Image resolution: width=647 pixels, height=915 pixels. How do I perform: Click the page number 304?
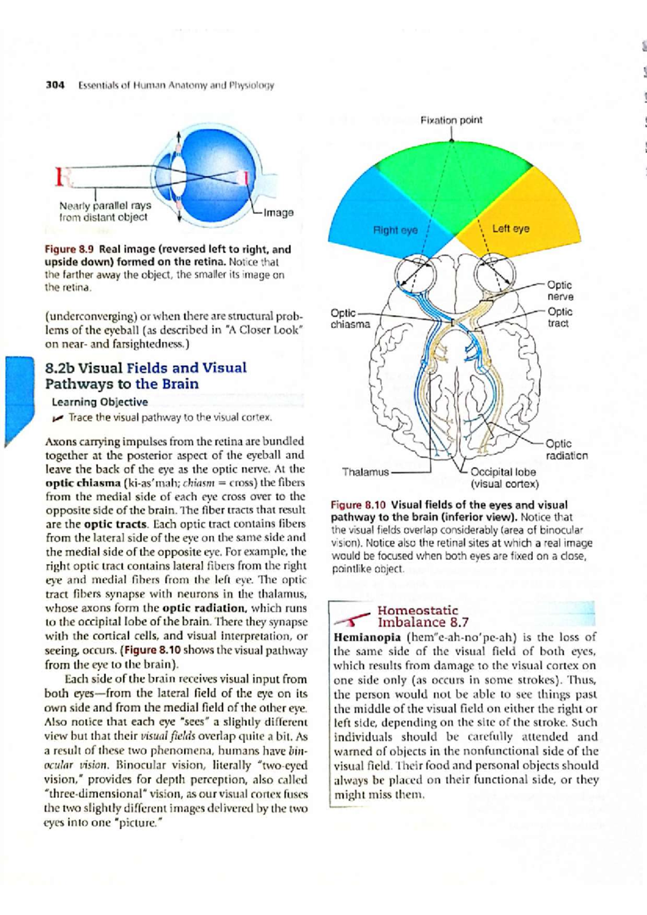pyautogui.click(x=55, y=85)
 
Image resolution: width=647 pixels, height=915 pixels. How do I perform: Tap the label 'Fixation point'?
pyautogui.click(x=451, y=120)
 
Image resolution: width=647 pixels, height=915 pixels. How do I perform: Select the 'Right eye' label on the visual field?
pyautogui.click(x=395, y=230)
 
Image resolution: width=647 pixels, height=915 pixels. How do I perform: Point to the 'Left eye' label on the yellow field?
pyautogui.click(x=510, y=228)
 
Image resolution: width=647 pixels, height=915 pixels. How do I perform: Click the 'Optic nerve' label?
pyautogui.click(x=560, y=290)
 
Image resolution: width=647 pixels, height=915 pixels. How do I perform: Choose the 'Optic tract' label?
pyautogui.click(x=560, y=317)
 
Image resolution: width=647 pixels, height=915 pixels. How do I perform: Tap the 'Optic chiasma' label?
pyautogui.click(x=350, y=318)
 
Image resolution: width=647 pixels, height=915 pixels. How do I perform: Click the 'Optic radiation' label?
pyautogui.click(x=566, y=449)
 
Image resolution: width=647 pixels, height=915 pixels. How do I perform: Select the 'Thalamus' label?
pyautogui.click(x=365, y=472)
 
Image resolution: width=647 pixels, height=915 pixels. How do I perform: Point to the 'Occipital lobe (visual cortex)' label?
pyautogui.click(x=504, y=478)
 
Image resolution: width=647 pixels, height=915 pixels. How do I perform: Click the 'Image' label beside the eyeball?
pyautogui.click(x=278, y=212)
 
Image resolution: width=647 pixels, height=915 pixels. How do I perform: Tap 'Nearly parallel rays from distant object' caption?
pyautogui.click(x=105, y=211)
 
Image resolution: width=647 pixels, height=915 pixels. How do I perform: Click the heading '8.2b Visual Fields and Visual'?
pyautogui.click(x=146, y=368)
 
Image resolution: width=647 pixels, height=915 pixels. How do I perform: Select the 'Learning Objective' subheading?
pyautogui.click(x=100, y=402)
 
